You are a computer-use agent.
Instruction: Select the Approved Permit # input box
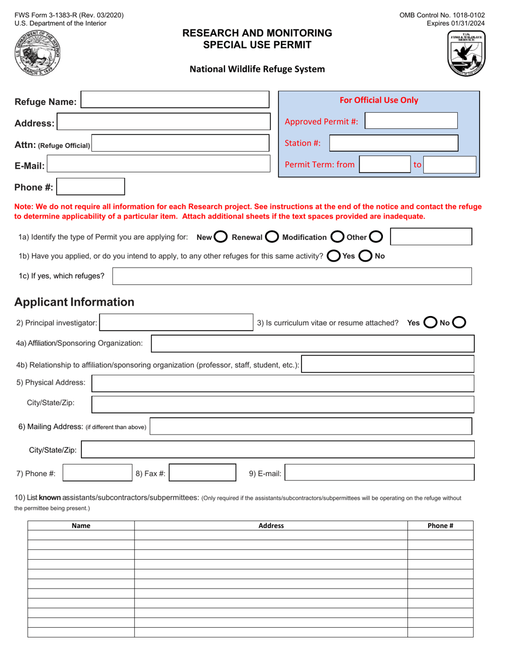click(411, 121)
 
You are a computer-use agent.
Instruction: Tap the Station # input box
click(393, 144)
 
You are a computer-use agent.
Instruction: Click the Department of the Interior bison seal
click(37, 54)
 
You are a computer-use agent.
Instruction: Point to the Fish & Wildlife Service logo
click(465, 53)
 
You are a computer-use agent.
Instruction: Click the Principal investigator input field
click(176, 323)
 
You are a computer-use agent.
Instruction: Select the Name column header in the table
click(81, 525)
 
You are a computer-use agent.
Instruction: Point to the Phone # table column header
click(440, 525)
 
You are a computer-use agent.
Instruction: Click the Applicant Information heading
click(74, 302)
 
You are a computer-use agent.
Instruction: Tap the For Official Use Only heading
click(379, 100)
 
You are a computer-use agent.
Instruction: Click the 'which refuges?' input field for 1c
click(292, 276)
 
